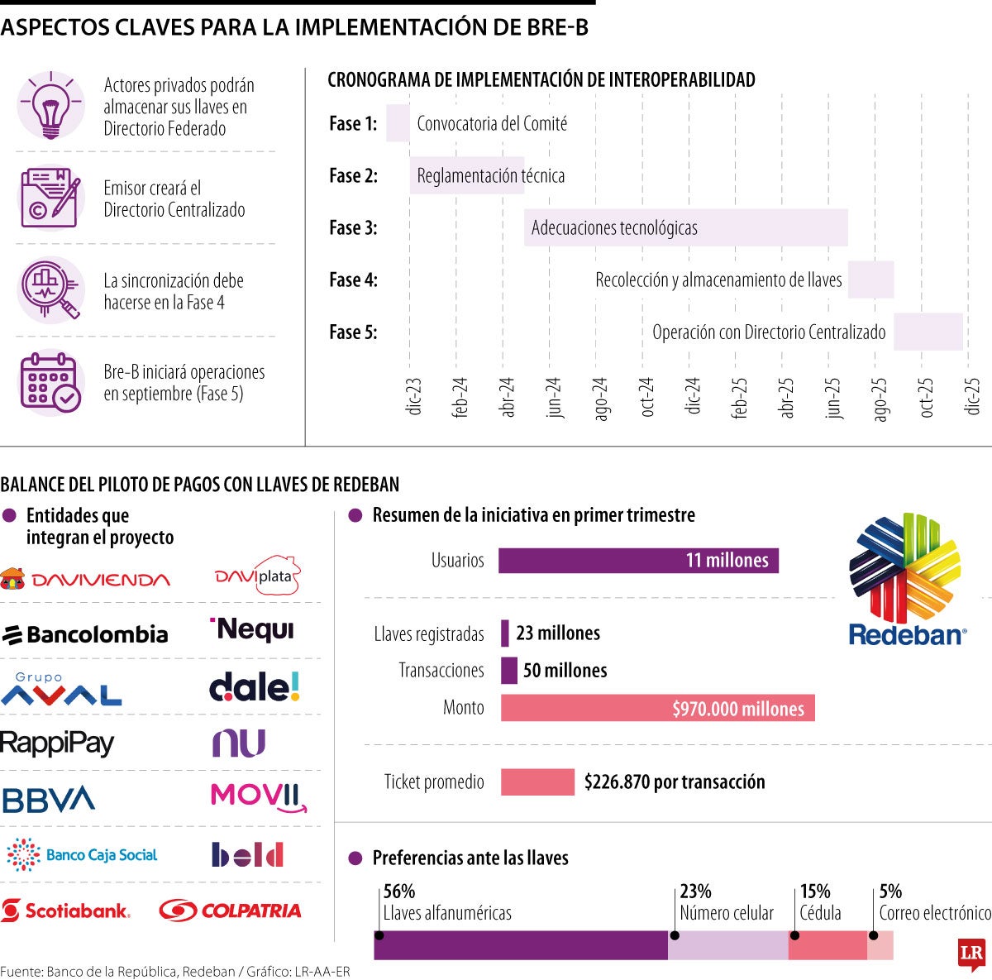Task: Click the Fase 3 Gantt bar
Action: point(686,227)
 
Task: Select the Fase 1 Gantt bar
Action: point(398,123)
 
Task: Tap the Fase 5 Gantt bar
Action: point(928,332)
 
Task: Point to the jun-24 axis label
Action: point(553,397)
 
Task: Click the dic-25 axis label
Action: point(973,397)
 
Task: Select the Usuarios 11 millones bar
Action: point(638,560)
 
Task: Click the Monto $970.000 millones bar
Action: point(657,708)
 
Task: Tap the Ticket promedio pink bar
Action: point(537,782)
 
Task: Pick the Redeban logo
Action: point(906,579)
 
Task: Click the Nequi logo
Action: point(252,630)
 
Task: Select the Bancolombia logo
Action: point(85,634)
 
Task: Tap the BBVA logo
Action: point(49,799)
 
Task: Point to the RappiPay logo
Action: point(57,743)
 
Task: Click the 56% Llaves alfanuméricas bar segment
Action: point(521,945)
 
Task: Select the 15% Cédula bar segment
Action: point(827,945)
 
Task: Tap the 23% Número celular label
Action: point(726,902)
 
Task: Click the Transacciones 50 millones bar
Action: point(509,670)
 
